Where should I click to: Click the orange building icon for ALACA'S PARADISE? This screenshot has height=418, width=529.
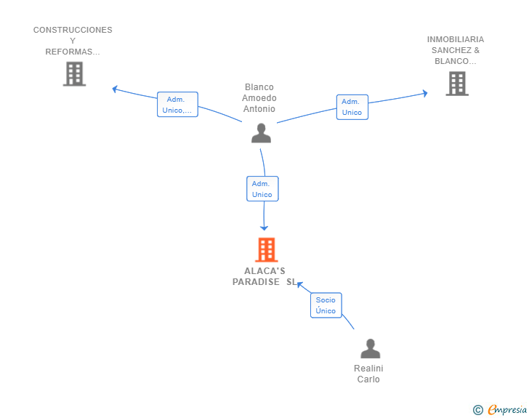pyautogui.click(x=267, y=250)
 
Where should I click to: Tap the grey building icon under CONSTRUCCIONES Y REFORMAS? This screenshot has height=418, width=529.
pyautogui.click(x=74, y=74)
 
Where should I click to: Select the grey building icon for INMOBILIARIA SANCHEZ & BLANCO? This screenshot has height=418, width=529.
pyautogui.click(x=457, y=84)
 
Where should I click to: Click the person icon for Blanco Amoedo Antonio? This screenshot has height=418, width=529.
pyautogui.click(x=261, y=133)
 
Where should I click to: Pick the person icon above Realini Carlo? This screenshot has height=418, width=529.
pyautogui.click(x=371, y=348)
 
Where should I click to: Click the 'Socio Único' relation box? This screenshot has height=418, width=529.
pyautogui.click(x=326, y=305)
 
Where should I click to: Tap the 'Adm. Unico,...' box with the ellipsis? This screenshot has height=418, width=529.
pyautogui.click(x=177, y=105)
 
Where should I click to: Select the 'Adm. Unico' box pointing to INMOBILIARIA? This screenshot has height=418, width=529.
pyautogui.click(x=352, y=107)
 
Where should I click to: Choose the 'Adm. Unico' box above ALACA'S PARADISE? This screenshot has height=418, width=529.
pyautogui.click(x=262, y=189)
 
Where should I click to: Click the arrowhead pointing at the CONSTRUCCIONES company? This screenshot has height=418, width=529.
pyautogui.click(x=115, y=89)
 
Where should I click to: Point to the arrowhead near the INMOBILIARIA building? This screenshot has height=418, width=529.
pyautogui.click(x=425, y=93)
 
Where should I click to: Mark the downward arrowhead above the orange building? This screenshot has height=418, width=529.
pyautogui.click(x=264, y=228)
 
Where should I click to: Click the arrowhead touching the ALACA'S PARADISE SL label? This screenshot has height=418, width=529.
pyautogui.click(x=299, y=285)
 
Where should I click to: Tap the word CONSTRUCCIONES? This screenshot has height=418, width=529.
pyautogui.click(x=73, y=30)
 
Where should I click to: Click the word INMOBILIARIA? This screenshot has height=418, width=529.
pyautogui.click(x=456, y=39)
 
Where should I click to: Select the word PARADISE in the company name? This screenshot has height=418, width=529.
pyautogui.click(x=256, y=282)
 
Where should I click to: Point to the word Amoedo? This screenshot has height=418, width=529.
pyautogui.click(x=259, y=98)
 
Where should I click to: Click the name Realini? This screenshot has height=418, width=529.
pyautogui.click(x=368, y=369)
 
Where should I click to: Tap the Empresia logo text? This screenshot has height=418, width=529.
pyautogui.click(x=507, y=410)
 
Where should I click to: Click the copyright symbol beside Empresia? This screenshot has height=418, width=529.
pyautogui.click(x=478, y=410)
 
